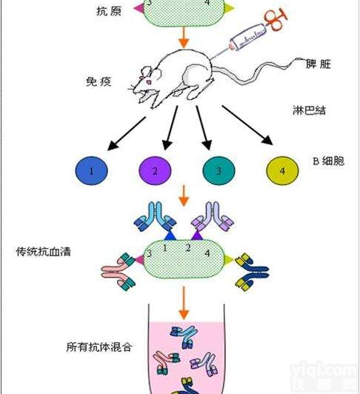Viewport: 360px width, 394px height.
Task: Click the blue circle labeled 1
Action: tap(91, 171)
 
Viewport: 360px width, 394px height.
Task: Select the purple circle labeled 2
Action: tap(155, 171)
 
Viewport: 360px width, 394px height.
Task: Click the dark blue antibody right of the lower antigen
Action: tap(250, 268)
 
